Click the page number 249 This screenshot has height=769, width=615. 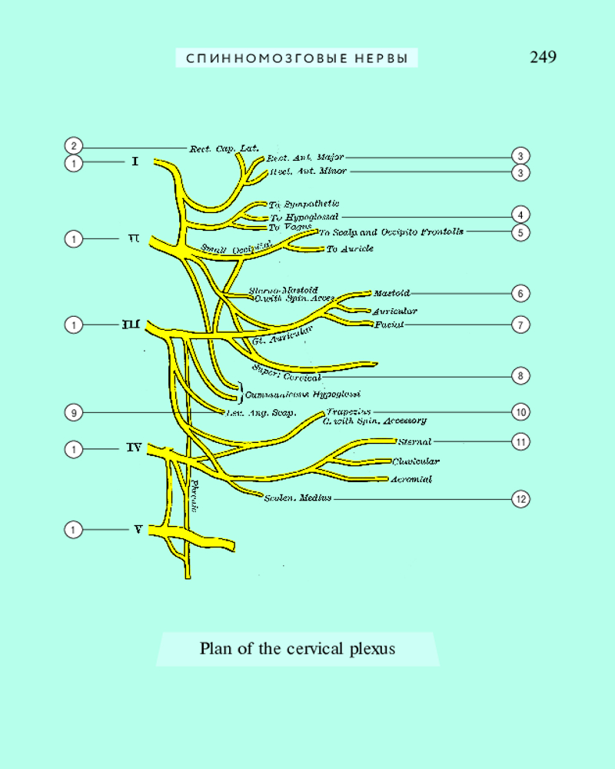pyautogui.click(x=543, y=57)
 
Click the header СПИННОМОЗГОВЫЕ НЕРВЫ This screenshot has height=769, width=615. pyautogui.click(x=297, y=58)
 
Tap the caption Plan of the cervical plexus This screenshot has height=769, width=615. pyautogui.click(x=298, y=649)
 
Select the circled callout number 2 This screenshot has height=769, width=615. pyautogui.click(x=73, y=146)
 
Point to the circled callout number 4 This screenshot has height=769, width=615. pyautogui.click(x=521, y=215)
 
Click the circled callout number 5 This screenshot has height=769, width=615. pyautogui.click(x=521, y=231)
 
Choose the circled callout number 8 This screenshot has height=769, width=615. pyautogui.click(x=521, y=376)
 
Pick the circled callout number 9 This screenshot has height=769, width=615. pyautogui.click(x=73, y=413)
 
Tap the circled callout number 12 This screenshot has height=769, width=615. pyautogui.click(x=521, y=499)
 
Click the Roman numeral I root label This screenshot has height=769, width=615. pyautogui.click(x=135, y=162)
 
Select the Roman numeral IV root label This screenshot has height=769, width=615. pyautogui.click(x=134, y=447)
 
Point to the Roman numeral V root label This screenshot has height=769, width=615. pyautogui.click(x=138, y=529)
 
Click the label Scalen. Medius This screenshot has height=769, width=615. pyautogui.click(x=298, y=498)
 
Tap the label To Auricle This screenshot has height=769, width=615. pyautogui.click(x=350, y=249)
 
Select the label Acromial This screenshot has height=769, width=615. pyautogui.click(x=411, y=479)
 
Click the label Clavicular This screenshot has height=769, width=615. pyautogui.click(x=415, y=461)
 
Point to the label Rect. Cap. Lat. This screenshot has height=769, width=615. pyautogui.click(x=224, y=148)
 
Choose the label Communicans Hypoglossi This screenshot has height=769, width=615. pyautogui.click(x=303, y=394)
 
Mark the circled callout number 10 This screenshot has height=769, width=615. pyautogui.click(x=521, y=413)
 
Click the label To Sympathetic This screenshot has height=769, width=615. pyautogui.click(x=304, y=205)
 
